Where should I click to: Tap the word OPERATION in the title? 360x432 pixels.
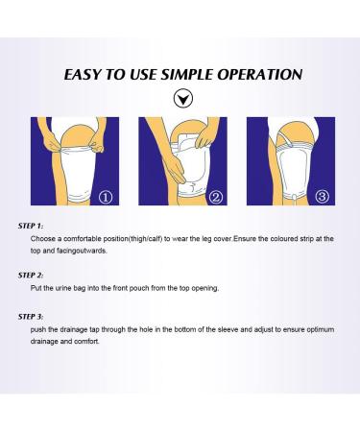click(x=260, y=75)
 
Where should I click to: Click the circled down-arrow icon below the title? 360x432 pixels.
click(x=183, y=99)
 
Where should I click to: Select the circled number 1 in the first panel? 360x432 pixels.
click(x=107, y=197)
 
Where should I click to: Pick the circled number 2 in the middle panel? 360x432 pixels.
click(x=215, y=197)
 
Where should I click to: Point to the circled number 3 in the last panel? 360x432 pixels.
click(x=323, y=197)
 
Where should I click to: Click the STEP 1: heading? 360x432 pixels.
click(x=31, y=226)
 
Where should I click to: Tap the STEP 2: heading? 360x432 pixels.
click(x=31, y=276)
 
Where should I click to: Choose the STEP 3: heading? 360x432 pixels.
click(x=31, y=317)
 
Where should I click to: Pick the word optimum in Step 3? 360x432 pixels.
click(x=321, y=330)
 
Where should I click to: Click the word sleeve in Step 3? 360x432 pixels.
click(x=228, y=329)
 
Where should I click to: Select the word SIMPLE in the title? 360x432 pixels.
click(x=186, y=75)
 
